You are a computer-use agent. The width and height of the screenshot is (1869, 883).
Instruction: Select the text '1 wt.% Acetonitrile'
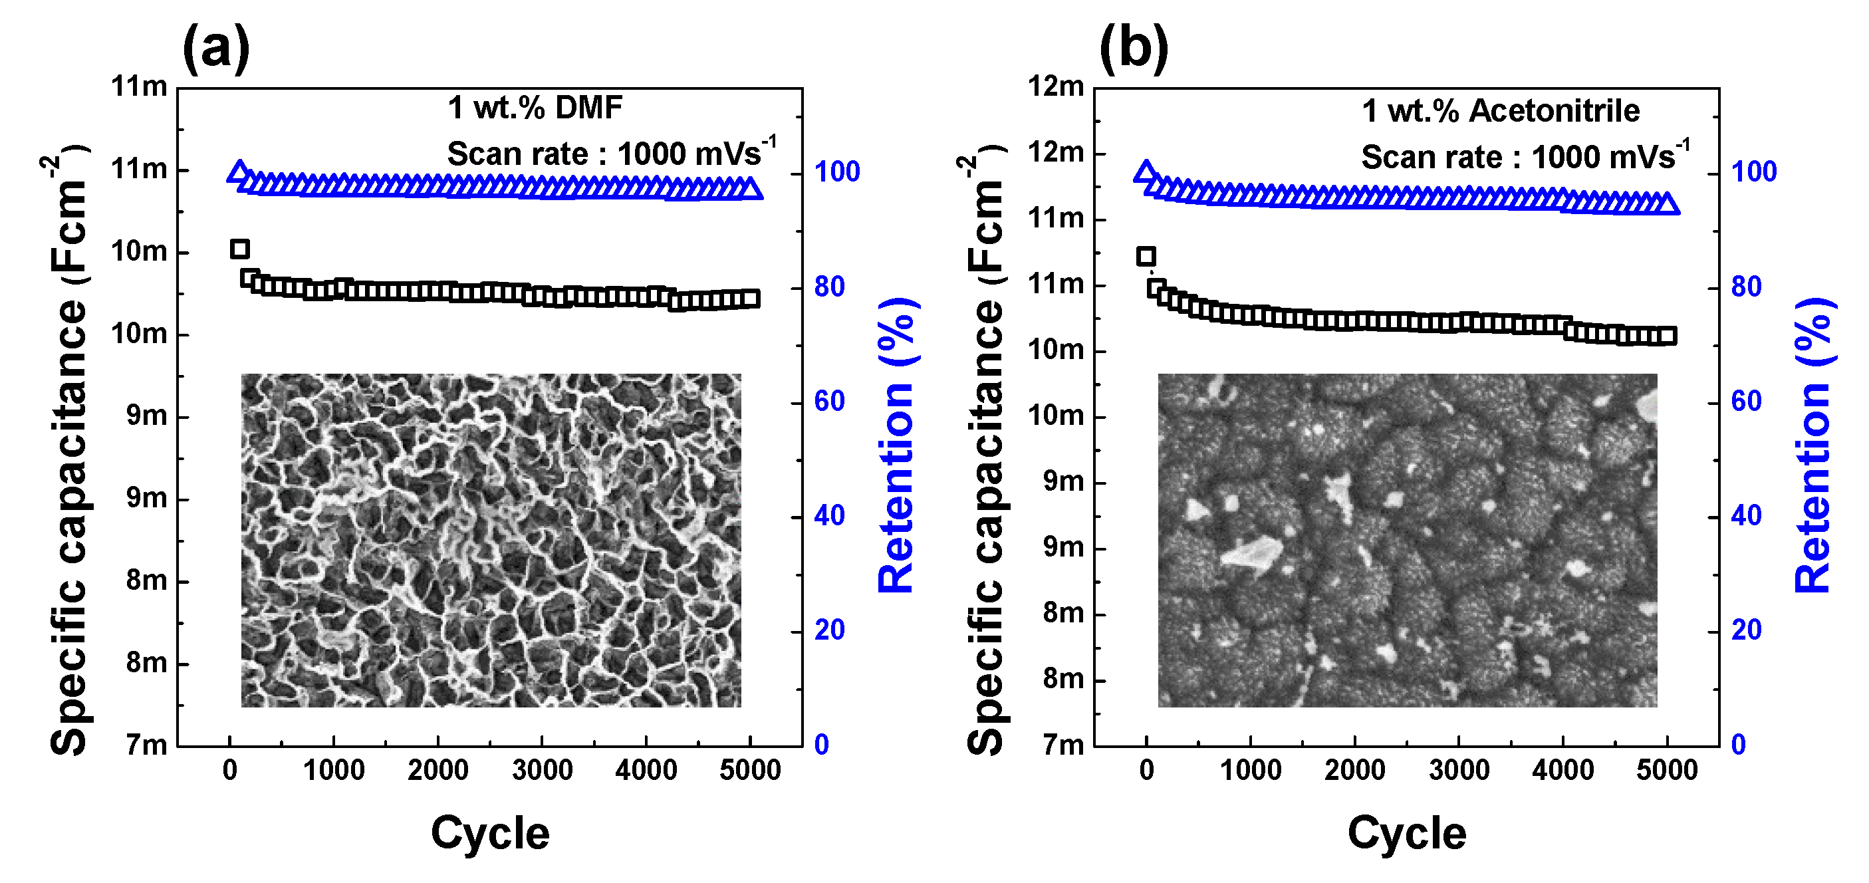coord(1501,111)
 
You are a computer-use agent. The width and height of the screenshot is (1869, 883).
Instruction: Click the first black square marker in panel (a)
coord(239,249)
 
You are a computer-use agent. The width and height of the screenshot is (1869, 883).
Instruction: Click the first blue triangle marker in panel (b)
coord(1146,172)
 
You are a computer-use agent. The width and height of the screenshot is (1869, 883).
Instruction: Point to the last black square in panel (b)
coord(1668,335)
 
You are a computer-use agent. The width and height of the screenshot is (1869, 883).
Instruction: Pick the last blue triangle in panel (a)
coord(752,189)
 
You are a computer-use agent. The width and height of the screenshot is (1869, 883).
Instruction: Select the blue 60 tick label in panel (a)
coord(829,401)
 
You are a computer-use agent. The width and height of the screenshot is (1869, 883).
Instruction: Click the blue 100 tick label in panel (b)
coord(1753,172)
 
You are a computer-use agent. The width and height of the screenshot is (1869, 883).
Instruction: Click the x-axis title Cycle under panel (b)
coord(1406,833)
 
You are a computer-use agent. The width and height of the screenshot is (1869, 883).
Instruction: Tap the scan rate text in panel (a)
coord(610,153)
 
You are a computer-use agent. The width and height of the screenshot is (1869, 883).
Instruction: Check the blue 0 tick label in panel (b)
coord(1739,745)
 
